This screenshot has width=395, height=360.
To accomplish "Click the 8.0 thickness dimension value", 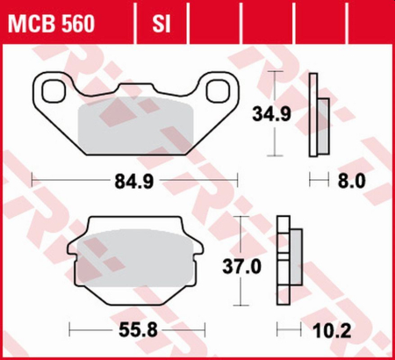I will click(x=351, y=184).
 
